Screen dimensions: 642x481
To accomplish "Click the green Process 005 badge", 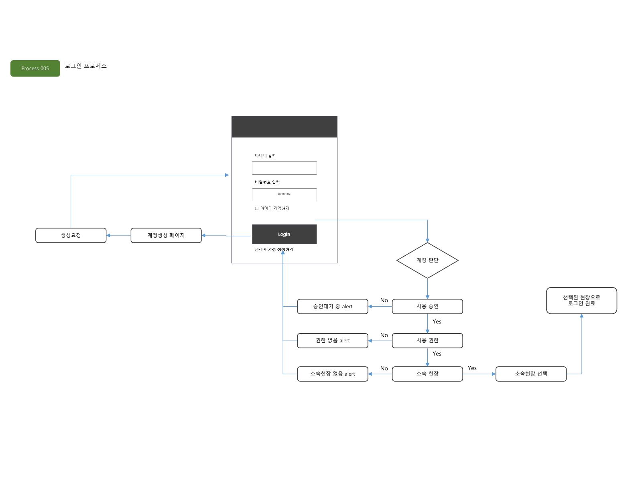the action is coord(35,68).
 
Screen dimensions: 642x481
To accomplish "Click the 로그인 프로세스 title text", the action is coord(86,66).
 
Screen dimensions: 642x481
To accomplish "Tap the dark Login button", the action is coord(284,234).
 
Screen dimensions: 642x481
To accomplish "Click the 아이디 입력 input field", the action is coord(284,168).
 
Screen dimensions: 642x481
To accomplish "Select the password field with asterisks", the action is coord(284,194).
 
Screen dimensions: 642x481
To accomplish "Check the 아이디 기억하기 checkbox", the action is coord(256,208).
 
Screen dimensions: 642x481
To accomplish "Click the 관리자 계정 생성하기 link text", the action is coord(274,249).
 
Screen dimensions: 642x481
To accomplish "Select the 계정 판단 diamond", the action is coord(427,260).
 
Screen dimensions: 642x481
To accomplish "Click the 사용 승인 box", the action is coord(427,306).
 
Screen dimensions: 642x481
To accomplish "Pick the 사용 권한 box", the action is coord(427,341).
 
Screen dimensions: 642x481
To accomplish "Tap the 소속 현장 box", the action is coord(427,374).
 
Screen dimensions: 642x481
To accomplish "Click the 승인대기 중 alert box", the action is coord(333,306).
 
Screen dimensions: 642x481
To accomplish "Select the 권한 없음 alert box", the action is coord(333,341).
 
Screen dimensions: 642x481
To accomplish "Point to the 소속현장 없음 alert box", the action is coord(333,374).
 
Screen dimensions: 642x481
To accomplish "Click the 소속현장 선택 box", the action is coord(531,374).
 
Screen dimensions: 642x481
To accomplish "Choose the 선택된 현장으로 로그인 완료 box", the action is coord(581,301).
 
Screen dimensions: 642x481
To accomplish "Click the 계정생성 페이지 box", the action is coord(166,235).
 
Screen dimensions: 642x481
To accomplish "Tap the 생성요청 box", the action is coord(71,235).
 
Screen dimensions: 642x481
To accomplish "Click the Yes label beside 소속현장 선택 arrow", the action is coord(472,368).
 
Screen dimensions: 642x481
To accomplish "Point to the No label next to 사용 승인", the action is coord(384,300).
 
